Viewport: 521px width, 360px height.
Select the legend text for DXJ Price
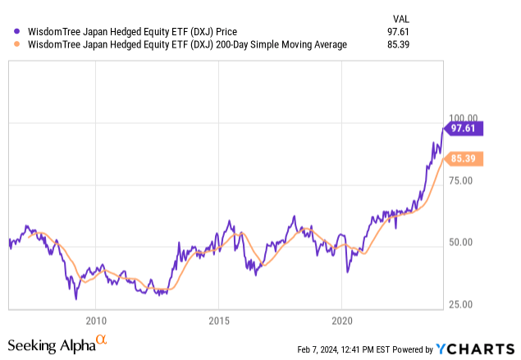coord(122,31)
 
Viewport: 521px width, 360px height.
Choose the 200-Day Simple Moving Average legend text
coord(181,44)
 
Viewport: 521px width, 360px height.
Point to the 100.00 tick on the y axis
coord(460,119)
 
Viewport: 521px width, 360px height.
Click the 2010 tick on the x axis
coord(96,320)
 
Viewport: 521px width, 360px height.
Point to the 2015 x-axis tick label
coord(219,320)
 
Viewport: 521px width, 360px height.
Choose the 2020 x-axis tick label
coord(342,320)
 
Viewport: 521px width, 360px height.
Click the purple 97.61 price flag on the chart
coord(464,128)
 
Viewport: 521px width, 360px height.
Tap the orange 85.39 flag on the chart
coord(464,158)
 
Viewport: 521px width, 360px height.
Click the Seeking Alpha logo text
coord(50,346)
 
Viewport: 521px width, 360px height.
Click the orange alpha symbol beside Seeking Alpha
coord(102,339)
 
